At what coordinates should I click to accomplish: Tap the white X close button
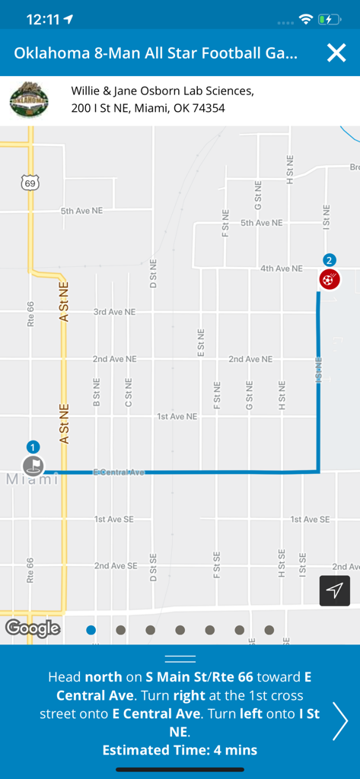pyautogui.click(x=336, y=52)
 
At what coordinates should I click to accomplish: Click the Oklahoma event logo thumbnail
pyautogui.click(x=29, y=100)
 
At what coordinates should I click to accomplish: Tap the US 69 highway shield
pyautogui.click(x=30, y=183)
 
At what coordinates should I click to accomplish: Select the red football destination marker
pyautogui.click(x=329, y=279)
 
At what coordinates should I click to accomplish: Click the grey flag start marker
pyautogui.click(x=33, y=465)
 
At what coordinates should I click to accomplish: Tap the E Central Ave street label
pyautogui.click(x=118, y=472)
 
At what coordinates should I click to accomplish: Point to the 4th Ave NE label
pyautogui.click(x=281, y=269)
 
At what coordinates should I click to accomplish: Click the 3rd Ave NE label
pyautogui.click(x=114, y=312)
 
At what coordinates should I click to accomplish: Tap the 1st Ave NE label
pyautogui.click(x=177, y=417)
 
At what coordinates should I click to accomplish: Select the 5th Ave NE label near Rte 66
pyautogui.click(x=81, y=211)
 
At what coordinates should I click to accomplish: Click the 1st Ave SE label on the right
pyautogui.click(x=310, y=520)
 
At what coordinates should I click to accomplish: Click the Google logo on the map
pyautogui.click(x=33, y=628)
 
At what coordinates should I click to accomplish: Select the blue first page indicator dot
pyautogui.click(x=91, y=630)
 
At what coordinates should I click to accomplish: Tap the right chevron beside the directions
pyautogui.click(x=340, y=721)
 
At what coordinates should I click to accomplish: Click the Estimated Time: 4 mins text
pyautogui.click(x=180, y=750)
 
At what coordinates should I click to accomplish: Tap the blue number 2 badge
pyautogui.click(x=329, y=259)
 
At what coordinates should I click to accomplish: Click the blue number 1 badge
pyautogui.click(x=33, y=447)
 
